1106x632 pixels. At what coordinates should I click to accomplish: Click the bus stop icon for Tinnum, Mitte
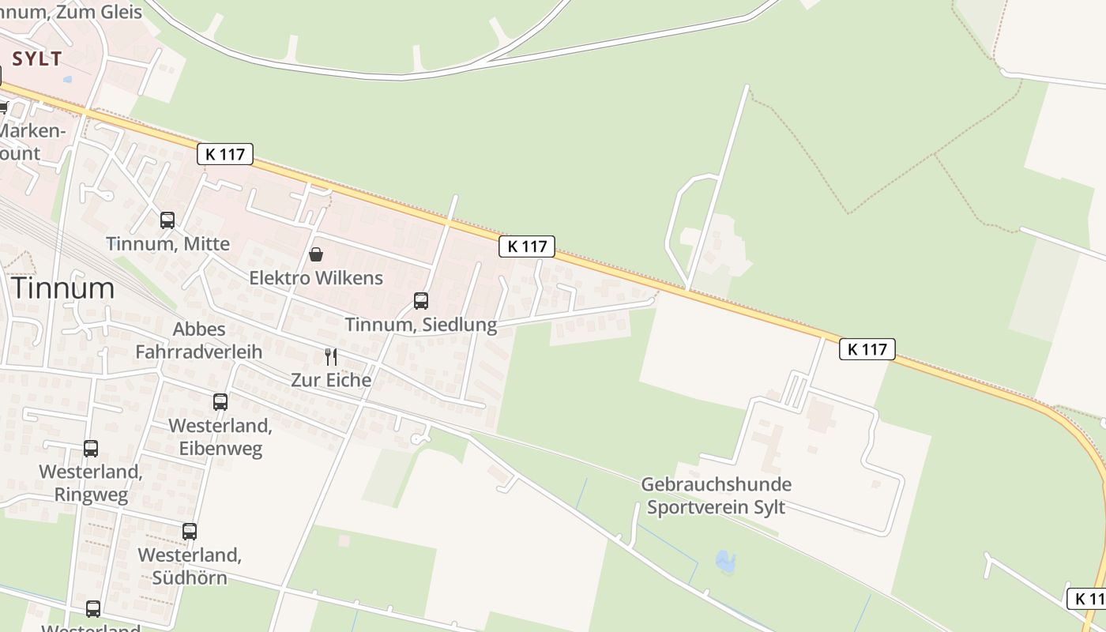167,220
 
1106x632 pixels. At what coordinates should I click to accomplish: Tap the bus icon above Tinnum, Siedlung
421,301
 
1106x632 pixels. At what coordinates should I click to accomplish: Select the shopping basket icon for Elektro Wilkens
316,254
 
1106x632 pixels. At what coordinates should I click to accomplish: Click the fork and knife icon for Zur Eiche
331,356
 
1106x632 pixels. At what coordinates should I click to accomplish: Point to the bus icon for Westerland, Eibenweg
220,402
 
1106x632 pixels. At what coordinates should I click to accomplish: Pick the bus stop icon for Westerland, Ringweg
91,449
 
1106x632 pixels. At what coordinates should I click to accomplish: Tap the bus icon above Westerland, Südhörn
190,532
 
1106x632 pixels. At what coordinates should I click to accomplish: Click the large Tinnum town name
63,288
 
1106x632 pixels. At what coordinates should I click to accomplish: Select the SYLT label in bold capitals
37,59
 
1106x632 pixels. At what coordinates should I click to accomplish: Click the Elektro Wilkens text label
316,278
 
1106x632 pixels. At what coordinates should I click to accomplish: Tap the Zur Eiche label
331,380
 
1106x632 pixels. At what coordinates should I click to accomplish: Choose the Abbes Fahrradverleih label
199,340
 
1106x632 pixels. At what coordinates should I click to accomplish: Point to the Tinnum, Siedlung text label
421,325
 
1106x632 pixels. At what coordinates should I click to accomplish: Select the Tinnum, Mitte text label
167,244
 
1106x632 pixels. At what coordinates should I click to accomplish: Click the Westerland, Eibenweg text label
220,437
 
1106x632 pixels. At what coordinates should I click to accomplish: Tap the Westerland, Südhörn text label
190,566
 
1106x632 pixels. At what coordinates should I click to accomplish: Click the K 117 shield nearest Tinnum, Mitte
225,154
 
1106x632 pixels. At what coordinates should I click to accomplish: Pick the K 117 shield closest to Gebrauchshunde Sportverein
867,349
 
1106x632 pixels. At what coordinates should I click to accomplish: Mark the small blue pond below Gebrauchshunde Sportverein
724,562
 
